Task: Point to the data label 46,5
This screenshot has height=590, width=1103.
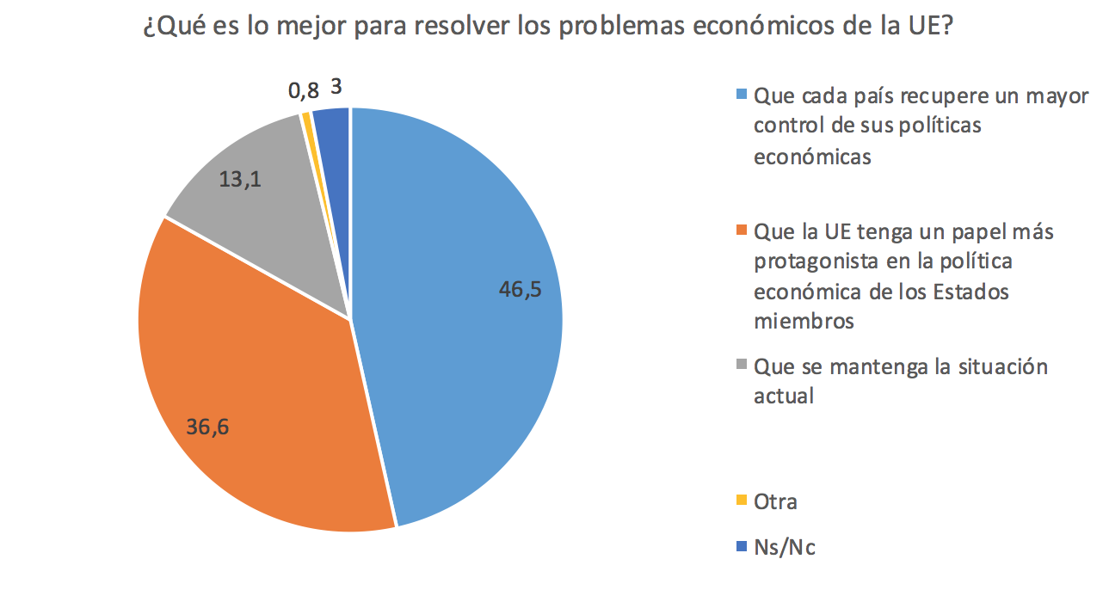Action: point(520,290)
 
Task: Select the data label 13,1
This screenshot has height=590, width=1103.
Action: point(241,181)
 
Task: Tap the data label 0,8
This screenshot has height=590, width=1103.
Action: point(304,89)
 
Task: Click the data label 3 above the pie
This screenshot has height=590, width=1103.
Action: point(336,87)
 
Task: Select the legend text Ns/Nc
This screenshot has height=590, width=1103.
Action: point(784,547)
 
